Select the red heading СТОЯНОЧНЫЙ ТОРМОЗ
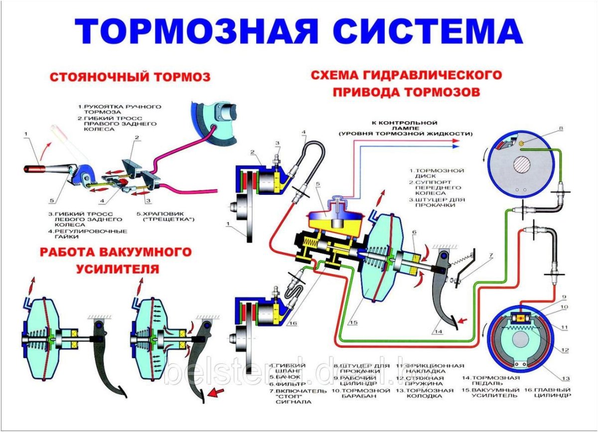[x=129, y=77]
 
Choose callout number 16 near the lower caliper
[x=293, y=323]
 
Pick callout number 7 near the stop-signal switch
[x=490, y=256]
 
